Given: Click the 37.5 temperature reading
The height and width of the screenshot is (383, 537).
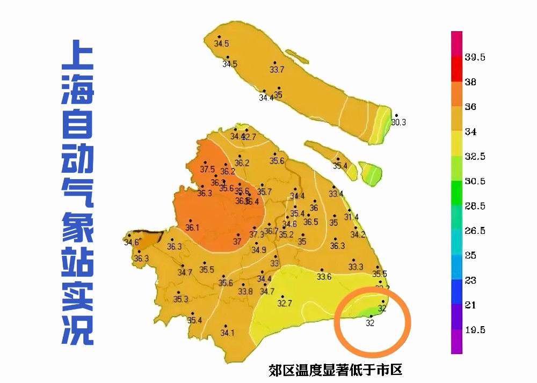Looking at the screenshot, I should click(x=207, y=170).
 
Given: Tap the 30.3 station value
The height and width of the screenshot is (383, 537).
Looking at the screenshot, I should click(x=398, y=122).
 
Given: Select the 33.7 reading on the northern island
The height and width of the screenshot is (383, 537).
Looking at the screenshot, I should click(x=277, y=70).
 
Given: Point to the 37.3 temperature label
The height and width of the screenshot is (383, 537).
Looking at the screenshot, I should click(x=257, y=234).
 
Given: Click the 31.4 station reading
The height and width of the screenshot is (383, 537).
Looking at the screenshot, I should click(x=351, y=217).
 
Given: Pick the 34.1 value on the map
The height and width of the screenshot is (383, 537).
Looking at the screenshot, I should click(x=227, y=333).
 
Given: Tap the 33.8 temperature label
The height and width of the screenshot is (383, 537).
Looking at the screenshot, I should click(x=245, y=292).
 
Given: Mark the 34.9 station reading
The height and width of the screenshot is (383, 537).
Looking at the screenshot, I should click(x=259, y=250).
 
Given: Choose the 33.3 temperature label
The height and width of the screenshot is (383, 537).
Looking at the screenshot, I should click(x=355, y=267).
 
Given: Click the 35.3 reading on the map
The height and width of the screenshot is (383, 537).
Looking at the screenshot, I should click(x=181, y=299).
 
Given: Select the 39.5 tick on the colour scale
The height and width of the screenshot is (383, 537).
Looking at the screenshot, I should click(x=475, y=58).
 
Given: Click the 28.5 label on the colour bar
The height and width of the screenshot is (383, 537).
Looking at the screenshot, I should click(x=475, y=207).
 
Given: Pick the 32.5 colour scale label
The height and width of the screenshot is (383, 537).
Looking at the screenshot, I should click(x=475, y=157).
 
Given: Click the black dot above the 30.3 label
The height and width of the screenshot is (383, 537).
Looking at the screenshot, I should click(x=396, y=115).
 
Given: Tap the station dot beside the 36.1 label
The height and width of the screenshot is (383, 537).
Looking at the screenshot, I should click(x=190, y=220).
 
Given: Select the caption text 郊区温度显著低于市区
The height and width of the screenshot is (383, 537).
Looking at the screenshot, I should click(x=336, y=370).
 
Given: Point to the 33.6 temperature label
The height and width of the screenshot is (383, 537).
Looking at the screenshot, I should click(x=324, y=277).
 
